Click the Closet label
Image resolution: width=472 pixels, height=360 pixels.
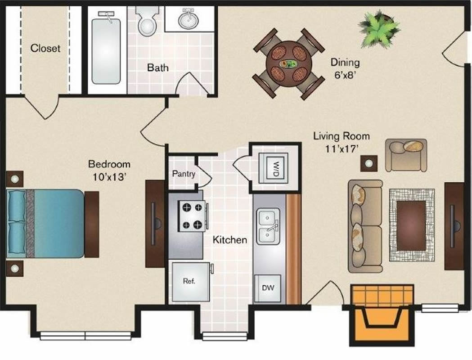tap(45, 48)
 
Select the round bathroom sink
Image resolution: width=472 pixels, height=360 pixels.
tap(189, 19)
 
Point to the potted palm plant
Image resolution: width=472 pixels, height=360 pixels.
tap(379, 29)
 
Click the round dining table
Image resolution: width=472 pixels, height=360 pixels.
tap(289, 64)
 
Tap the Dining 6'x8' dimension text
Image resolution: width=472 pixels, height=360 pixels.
tap(345, 68)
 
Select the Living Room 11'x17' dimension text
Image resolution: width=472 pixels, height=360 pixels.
tap(342, 142)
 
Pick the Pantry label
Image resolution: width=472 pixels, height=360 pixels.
tap(184, 174)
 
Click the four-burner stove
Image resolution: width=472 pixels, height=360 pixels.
tap(192, 216)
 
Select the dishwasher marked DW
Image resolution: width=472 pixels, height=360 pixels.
tap(268, 288)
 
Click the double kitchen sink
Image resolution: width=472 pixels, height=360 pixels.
tap(268, 226)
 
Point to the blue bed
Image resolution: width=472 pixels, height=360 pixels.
tap(45, 223)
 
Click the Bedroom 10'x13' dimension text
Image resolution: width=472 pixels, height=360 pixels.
tap(109, 171)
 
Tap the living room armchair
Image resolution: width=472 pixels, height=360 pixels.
tap(406, 155)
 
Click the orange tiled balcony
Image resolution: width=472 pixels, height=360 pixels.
tap(382, 315)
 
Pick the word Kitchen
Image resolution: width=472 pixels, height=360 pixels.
tap(230, 240)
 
